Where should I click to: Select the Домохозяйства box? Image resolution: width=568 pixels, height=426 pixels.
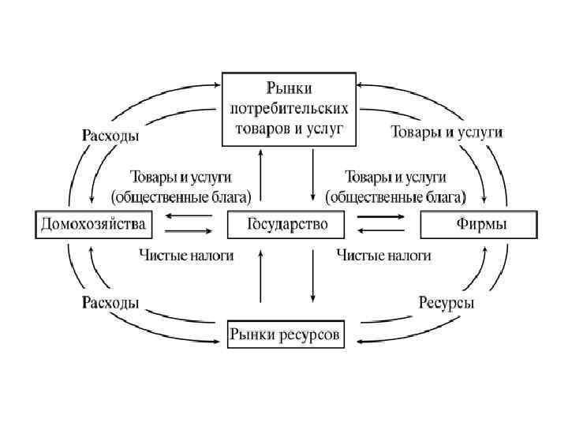pos(92,225)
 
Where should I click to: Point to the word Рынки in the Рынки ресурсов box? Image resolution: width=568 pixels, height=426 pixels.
pos(251,335)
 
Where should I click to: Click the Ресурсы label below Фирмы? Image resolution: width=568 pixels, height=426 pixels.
pos(446,303)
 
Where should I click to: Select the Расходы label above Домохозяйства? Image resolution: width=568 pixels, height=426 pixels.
pos(111,135)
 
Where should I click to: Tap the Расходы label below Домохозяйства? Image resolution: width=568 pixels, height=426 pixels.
pos(111,302)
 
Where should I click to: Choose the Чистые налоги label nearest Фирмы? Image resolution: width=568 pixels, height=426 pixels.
pos(383,255)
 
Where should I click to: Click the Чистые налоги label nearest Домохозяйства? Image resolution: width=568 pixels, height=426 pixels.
pos(185,255)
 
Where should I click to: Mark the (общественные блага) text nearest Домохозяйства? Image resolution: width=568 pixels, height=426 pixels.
pos(182,193)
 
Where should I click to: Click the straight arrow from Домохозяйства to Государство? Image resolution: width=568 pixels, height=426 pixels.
pos(189,230)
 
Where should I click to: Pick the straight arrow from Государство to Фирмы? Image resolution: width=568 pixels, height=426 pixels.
pos(381,216)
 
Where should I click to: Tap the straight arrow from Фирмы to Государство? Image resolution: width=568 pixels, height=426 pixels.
pos(381,230)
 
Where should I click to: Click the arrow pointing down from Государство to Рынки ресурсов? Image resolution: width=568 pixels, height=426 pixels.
pos(313,276)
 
